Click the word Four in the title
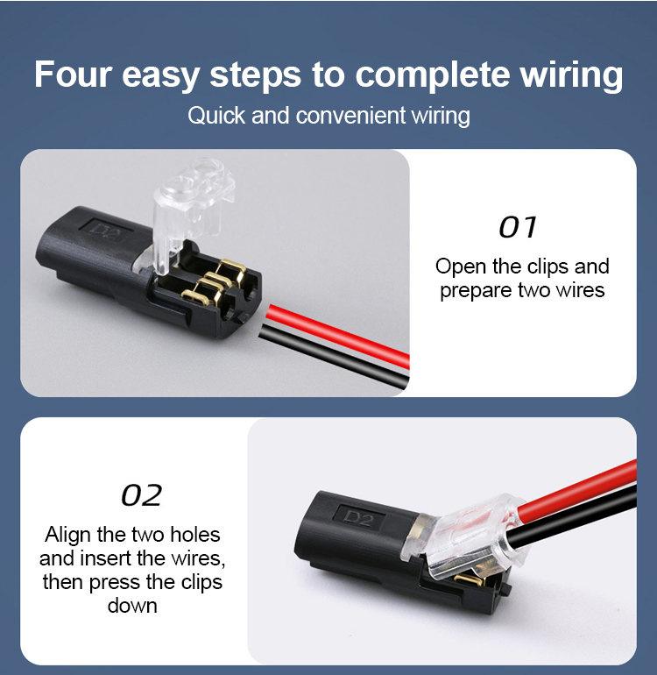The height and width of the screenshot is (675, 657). [73, 74]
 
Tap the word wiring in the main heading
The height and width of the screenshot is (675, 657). [571, 76]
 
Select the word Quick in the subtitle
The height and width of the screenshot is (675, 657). [216, 116]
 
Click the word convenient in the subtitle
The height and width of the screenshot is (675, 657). [350, 116]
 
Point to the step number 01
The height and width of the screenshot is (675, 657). [518, 227]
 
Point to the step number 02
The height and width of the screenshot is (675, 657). [142, 495]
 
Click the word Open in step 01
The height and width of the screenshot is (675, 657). [461, 267]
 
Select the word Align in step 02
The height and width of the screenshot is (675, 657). [67, 536]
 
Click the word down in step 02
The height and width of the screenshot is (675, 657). [132, 606]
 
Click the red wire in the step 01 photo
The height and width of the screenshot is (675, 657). [338, 335]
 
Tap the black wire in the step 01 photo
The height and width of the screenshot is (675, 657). [335, 355]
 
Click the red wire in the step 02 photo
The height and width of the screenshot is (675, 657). [576, 489]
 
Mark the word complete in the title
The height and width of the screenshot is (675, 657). [432, 76]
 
